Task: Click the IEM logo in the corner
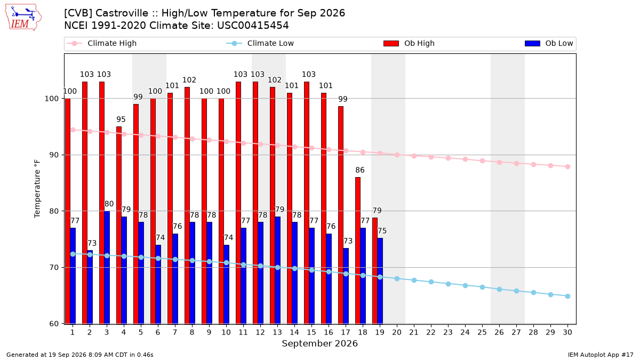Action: [23, 18]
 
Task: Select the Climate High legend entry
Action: [101, 43]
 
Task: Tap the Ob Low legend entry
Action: [549, 43]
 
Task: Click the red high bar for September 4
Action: [119, 225]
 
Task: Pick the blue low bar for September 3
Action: [107, 267]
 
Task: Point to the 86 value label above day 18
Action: [360, 170]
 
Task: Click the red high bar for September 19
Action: [375, 271]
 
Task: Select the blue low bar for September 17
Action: [346, 286]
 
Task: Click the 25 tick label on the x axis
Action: [482, 332]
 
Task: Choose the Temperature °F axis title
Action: [37, 189]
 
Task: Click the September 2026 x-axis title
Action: [319, 343]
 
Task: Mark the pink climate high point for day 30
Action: [567, 166]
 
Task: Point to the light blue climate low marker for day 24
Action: [465, 286]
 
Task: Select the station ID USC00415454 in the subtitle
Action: [253, 26]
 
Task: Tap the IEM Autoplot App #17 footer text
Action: [601, 355]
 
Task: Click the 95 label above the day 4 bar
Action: [121, 119]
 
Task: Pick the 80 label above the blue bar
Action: [109, 204]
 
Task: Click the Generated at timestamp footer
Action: [79, 355]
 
